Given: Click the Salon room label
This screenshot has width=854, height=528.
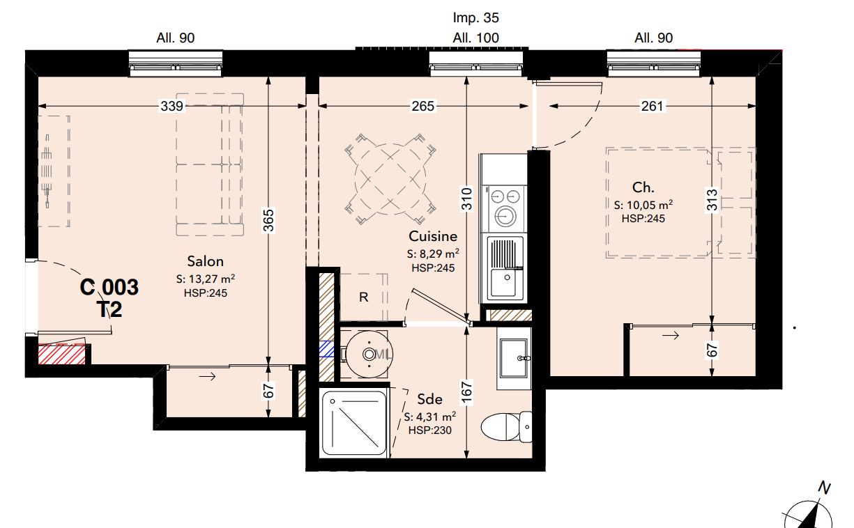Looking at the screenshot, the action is point(205,261).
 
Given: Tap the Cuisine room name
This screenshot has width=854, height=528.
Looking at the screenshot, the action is point(433,236).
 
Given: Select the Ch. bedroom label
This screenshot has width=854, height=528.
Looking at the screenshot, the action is point(643,187).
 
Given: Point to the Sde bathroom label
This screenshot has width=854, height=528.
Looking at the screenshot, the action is point(429,399).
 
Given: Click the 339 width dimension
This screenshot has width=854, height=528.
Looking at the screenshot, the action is point(172,106).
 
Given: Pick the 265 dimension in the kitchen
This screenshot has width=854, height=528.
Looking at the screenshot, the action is point(422,106).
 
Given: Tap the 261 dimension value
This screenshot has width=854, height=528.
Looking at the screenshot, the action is point(652,106).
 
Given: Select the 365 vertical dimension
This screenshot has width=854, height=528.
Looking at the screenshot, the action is point(268,220).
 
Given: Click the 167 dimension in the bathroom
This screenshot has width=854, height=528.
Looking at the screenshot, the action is point(466,392).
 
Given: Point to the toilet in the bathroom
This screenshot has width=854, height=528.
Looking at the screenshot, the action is point(507,427).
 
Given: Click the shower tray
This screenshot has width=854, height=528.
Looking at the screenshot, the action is point(354,423).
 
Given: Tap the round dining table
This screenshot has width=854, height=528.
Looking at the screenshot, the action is point(390,178).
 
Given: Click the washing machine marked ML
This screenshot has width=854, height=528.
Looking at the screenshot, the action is point(369,355).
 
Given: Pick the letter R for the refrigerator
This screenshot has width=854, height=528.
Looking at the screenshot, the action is point(364,297).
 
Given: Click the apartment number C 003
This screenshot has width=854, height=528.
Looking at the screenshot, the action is point(109,287).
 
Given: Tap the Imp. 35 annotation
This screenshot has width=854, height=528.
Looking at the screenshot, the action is point(475,17).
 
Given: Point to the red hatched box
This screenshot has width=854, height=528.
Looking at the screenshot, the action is point(62,355).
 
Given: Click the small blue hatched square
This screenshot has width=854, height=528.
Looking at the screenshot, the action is point(326,349).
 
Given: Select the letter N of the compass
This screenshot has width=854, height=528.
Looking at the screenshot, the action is point(824,488).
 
